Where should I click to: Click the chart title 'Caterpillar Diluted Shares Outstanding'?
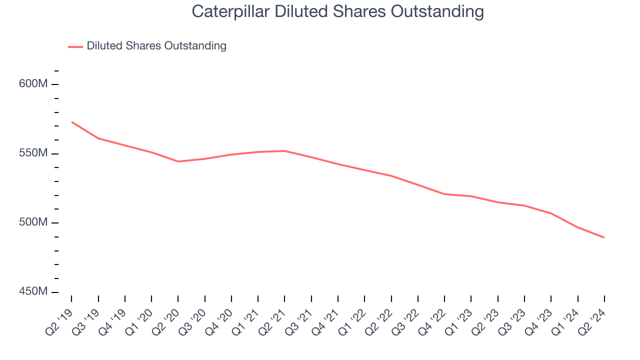click(x=337, y=11)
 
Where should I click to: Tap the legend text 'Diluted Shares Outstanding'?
click(x=156, y=46)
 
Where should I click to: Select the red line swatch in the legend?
click(x=75, y=46)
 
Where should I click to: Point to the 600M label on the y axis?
click(x=33, y=84)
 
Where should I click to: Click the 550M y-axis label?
click(x=33, y=153)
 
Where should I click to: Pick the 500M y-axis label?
click(x=33, y=223)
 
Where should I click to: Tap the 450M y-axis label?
click(x=33, y=292)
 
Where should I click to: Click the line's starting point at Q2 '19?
click(x=71, y=121)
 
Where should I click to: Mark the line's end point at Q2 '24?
click(x=604, y=237)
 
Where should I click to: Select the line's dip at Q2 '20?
click(x=178, y=161)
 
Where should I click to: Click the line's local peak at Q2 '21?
click(x=284, y=150)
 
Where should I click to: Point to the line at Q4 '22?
click(x=444, y=194)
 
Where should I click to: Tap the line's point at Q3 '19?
click(x=98, y=138)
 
